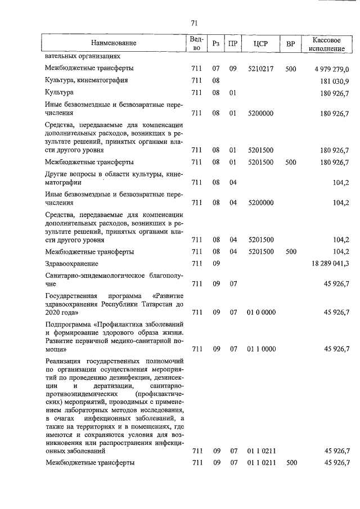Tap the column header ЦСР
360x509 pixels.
(x=260, y=44)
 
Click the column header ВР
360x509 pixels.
(x=290, y=44)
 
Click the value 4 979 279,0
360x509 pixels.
(x=329, y=69)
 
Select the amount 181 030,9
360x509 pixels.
(x=333, y=80)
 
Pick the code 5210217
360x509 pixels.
(x=260, y=69)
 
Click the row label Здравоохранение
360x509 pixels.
(x=71, y=263)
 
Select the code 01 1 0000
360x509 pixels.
(x=260, y=349)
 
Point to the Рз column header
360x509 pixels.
(x=215, y=44)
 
